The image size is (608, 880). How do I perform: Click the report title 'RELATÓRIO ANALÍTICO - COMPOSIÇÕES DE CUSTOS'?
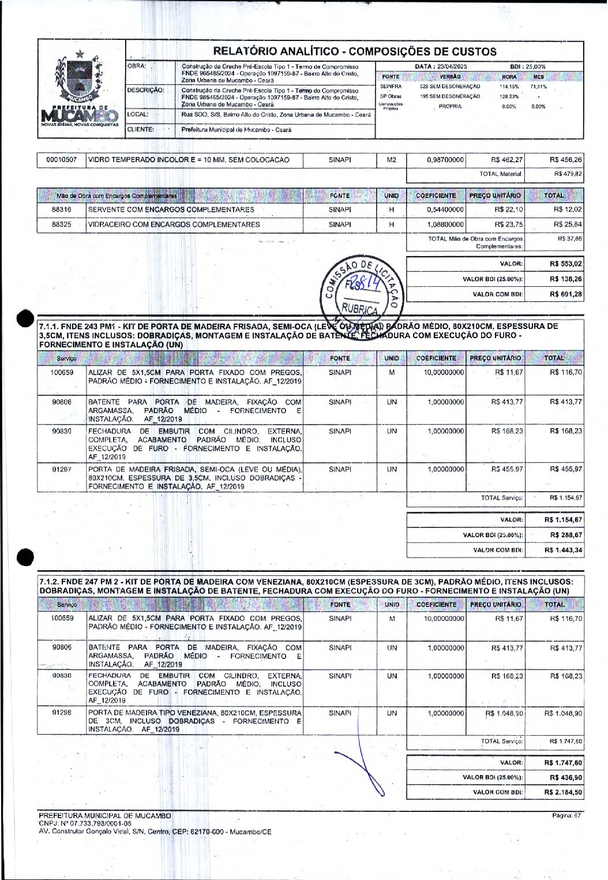[355, 51]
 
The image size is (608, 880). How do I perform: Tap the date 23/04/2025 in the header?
[441, 67]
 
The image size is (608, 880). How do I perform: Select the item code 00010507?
[62, 160]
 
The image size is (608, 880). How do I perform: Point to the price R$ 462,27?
[507, 160]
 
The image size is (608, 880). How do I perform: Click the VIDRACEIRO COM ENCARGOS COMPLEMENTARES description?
[174, 224]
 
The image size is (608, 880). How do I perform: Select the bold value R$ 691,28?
[566, 294]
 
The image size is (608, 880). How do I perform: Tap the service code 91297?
[62, 470]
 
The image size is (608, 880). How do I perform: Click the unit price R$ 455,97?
[507, 470]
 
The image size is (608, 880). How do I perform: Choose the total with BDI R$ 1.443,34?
[563, 551]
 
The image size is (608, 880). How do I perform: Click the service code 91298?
[62, 713]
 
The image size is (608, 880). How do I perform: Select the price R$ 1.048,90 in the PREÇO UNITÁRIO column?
[504, 713]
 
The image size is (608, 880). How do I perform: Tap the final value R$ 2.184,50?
[563, 792]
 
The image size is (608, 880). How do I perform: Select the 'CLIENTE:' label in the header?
[140, 130]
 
